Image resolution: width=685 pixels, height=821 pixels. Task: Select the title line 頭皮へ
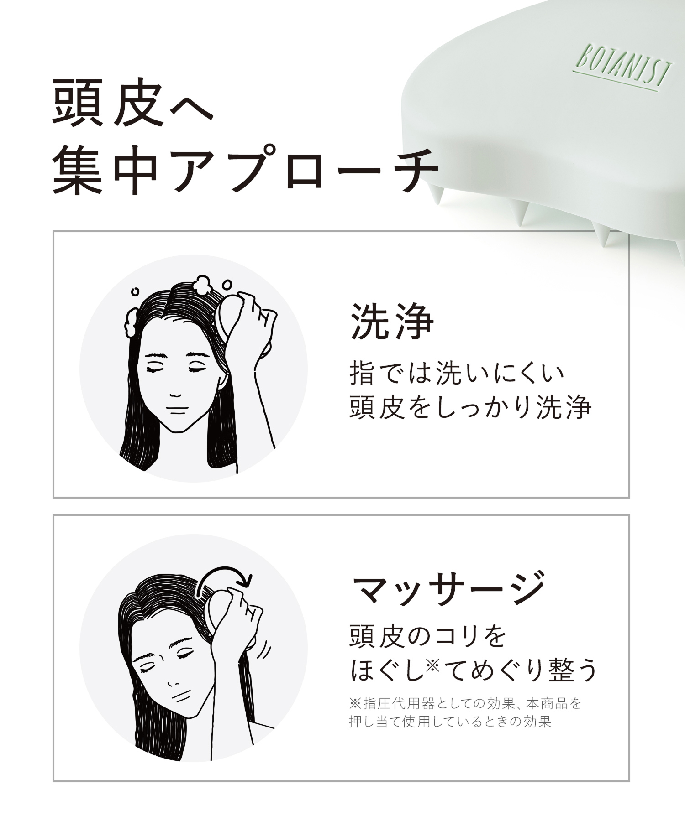click(133, 103)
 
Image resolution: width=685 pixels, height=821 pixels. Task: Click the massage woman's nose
click(173, 684)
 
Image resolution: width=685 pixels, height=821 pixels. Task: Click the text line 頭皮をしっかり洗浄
click(470, 406)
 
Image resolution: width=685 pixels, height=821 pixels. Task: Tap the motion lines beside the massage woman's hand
click(263, 651)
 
